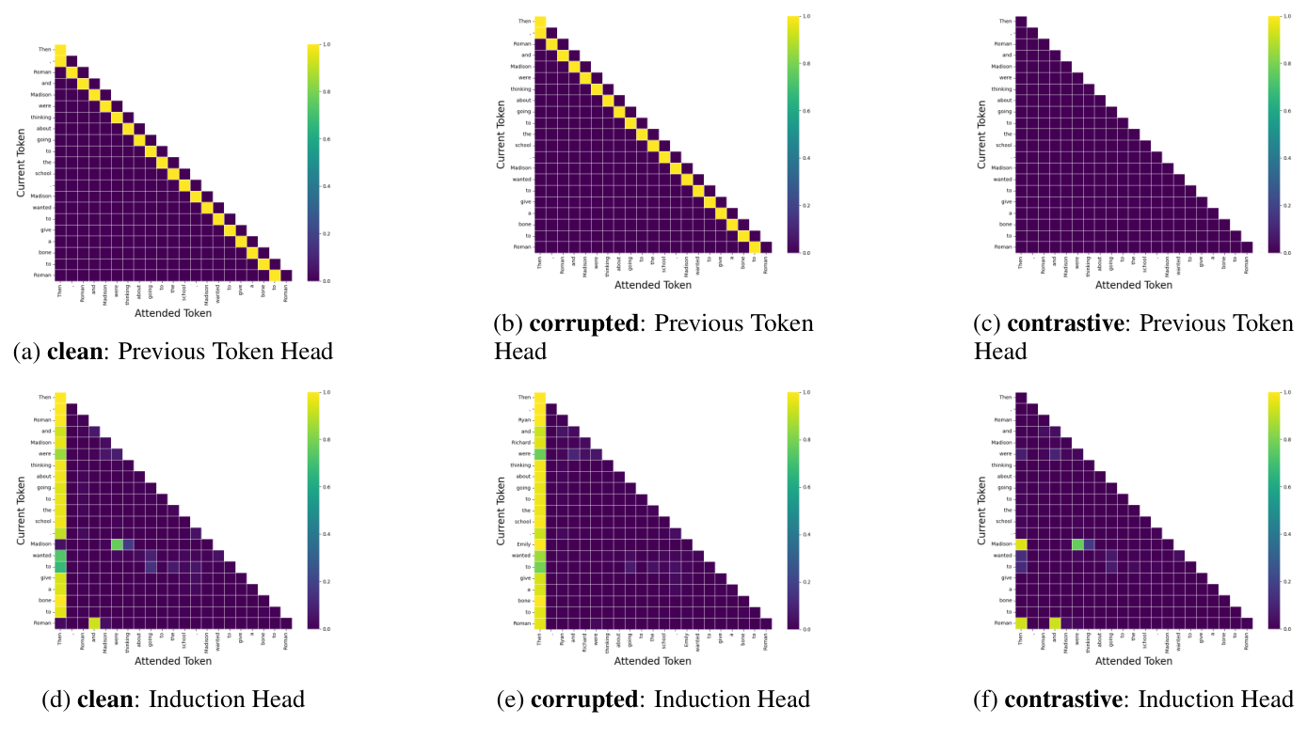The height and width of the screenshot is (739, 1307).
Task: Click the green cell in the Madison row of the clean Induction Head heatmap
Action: pos(117,543)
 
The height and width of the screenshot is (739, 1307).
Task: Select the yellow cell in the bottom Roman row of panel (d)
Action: pos(94,622)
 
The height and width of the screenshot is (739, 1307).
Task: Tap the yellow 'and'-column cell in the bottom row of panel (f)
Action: pos(1055,622)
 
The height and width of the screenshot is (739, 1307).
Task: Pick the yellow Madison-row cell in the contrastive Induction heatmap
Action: pos(1021,543)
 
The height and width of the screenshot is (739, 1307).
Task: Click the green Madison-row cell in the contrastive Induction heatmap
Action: pos(1077,543)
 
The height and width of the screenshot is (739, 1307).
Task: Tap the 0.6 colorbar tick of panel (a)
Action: pos(327,139)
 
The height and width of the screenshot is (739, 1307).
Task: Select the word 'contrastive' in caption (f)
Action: pos(1057,700)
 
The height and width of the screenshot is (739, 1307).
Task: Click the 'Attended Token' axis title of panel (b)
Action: pos(653,285)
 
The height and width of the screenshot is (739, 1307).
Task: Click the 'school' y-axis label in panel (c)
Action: pos(1004,145)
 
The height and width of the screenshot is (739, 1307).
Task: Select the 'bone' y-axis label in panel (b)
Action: pos(523,225)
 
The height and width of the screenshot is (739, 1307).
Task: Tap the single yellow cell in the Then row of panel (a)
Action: pos(60,50)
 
